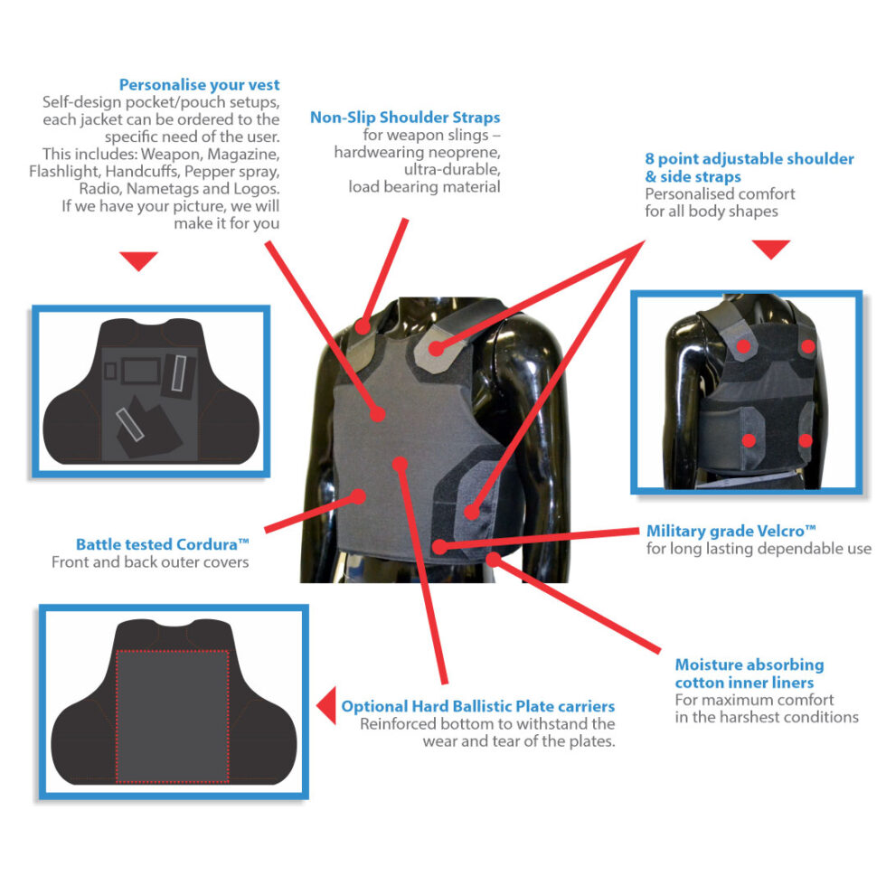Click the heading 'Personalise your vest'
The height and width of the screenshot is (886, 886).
click(199, 85)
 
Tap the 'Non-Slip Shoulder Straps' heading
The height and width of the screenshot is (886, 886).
click(405, 118)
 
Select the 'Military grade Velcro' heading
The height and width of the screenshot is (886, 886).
click(731, 532)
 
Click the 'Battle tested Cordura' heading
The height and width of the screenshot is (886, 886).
click(162, 544)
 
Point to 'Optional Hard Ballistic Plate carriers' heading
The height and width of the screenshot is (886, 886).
click(478, 706)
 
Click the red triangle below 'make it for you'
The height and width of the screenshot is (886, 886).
click(138, 260)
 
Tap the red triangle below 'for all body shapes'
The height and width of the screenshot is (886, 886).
click(770, 250)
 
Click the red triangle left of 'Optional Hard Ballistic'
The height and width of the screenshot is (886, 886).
click(326, 705)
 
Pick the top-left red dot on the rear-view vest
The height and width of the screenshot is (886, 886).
click(743, 346)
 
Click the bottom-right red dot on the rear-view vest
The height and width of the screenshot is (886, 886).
click(806, 441)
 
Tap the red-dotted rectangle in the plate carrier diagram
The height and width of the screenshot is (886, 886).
click(117, 716)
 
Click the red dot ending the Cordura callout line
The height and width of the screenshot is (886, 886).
click(358, 496)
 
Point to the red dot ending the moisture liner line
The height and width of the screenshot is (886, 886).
click(494, 560)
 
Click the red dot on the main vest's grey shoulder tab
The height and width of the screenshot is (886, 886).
click(436, 348)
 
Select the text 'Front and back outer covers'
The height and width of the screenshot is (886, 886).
click(150, 562)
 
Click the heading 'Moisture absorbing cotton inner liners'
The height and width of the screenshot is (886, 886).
click(749, 674)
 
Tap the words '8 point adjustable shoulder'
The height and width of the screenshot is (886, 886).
click(749, 159)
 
